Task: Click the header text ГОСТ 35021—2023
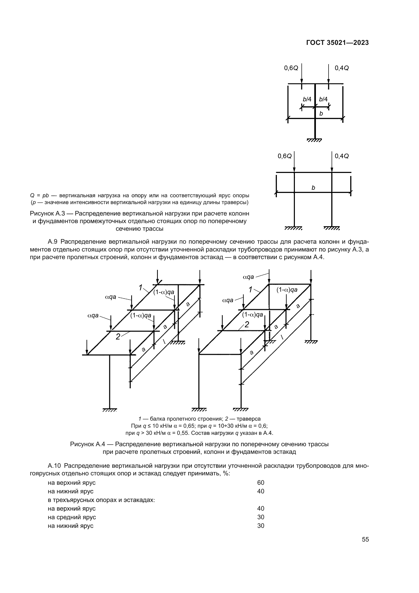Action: (337, 43)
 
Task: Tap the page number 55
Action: (365, 539)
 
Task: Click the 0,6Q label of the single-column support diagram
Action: (291, 68)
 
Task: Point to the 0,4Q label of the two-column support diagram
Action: (341, 156)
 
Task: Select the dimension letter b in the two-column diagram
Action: (313, 188)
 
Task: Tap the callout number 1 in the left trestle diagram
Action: (141, 287)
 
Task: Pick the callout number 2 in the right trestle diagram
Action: (247, 325)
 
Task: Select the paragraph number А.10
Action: (54, 466)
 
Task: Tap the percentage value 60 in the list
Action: (261, 482)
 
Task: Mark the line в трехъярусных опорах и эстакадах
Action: (101, 500)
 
